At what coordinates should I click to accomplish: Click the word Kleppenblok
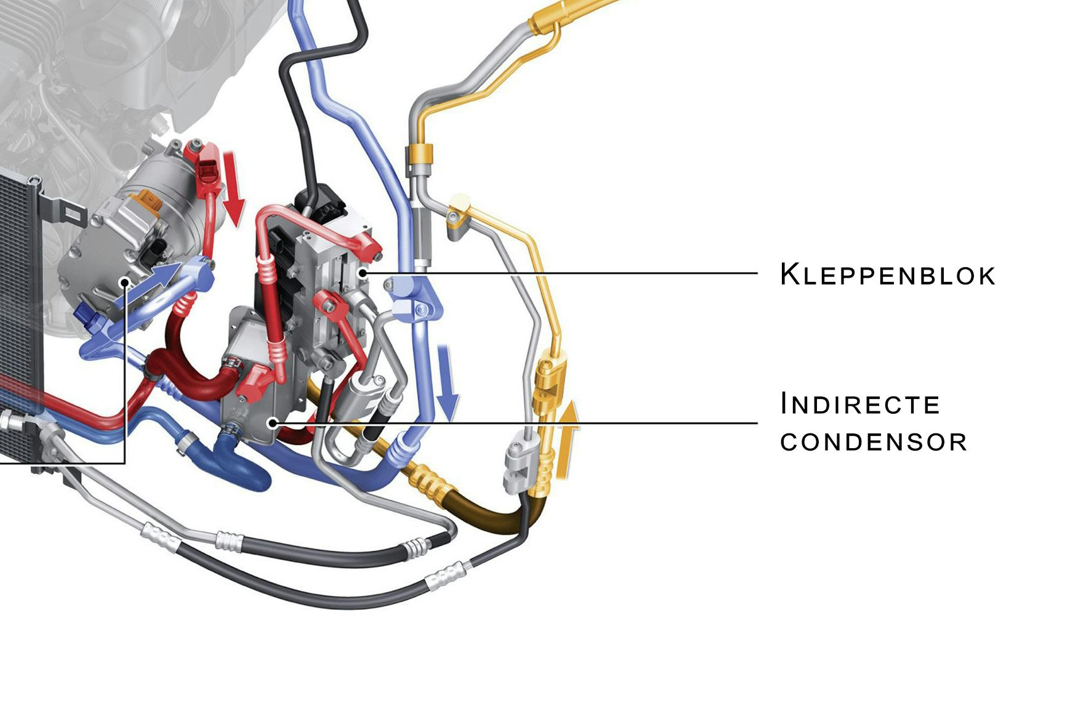point(887,274)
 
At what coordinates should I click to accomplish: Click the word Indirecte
point(859,404)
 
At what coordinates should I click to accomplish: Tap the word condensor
point(873,441)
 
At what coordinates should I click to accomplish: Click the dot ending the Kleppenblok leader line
point(363,272)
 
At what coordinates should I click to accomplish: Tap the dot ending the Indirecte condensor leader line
point(273,422)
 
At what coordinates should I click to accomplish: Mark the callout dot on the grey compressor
point(125,281)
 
